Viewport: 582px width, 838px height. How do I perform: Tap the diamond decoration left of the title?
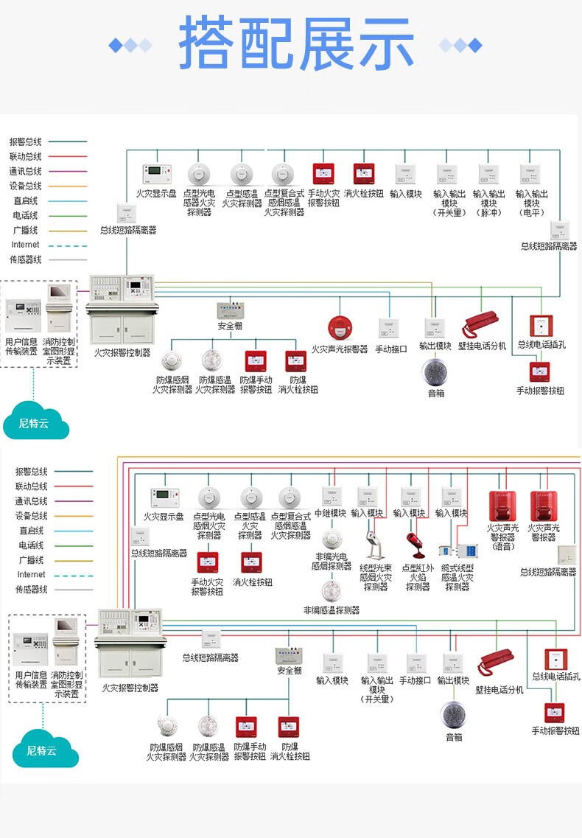pos(130,45)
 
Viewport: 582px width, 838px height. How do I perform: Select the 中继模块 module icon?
pos(330,496)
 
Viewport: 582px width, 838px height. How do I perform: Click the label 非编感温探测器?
pos(332,610)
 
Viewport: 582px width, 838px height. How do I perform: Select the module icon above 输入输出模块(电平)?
pos(530,174)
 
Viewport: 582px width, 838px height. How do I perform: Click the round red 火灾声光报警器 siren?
pos(339,327)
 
